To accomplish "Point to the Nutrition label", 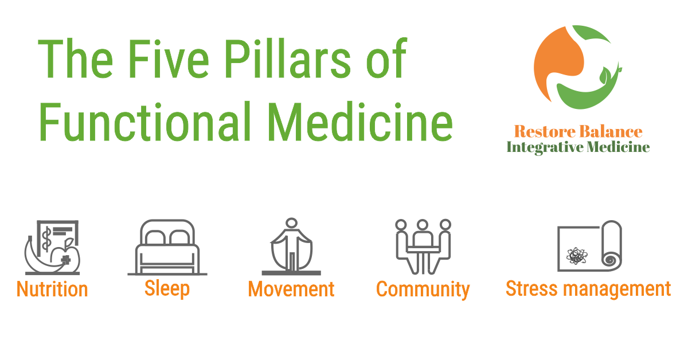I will [52, 289].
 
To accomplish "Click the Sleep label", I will [167, 288].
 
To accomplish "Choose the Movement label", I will [291, 289].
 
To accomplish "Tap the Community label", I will [423, 289].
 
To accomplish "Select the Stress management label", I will [588, 288].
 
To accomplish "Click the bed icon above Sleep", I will [167, 247].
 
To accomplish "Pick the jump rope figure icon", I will [291, 246].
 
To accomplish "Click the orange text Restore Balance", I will [578, 132].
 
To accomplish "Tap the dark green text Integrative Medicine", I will [578, 147].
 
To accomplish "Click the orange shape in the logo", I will [559, 54].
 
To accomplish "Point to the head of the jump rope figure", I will [291, 223].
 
